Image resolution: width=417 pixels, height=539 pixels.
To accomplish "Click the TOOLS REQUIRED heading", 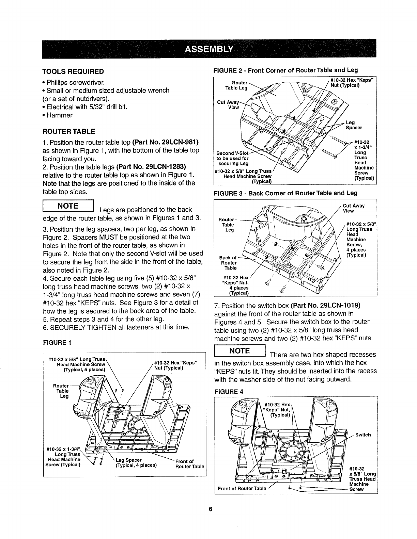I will [x=73, y=71].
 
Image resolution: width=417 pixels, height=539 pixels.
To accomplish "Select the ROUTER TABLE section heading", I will [x=68, y=131].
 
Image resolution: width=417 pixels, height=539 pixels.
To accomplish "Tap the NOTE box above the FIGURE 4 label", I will [x=240, y=351].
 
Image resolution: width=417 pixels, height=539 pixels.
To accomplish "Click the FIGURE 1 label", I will [x=57, y=343].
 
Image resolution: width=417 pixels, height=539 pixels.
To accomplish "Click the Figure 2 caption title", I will [x=285, y=70].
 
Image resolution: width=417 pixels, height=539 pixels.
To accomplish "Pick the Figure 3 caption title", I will [x=285, y=193].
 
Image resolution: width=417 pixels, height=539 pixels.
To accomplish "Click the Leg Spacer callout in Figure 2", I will [x=354, y=125].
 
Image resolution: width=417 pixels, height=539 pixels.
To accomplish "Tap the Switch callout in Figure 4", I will [x=363, y=435].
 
